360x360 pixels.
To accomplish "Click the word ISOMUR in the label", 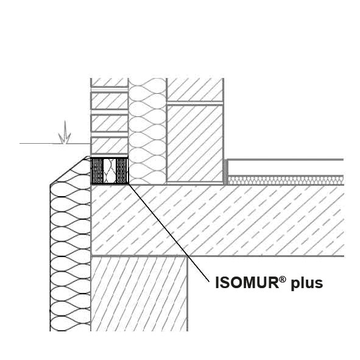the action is pos(247,283).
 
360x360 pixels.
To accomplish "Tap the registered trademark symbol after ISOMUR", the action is pos(283,279).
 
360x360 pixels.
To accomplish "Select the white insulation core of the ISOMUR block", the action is pos(110,171).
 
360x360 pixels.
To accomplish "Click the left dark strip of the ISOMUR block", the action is pos(97,171).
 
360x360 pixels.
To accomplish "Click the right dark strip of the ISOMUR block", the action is pos(122,171).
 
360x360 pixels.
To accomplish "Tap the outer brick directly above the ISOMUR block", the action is pos(109,146).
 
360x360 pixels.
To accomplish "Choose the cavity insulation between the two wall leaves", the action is pos(147,131).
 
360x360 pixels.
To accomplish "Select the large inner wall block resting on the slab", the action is pos(195,144).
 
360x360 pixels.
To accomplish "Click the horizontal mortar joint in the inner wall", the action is pos(195,103).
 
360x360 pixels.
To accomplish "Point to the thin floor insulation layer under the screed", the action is pos(286,180).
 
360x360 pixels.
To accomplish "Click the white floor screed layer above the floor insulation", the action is pos(286,168).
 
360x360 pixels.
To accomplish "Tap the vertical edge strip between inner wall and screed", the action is pos(226,172).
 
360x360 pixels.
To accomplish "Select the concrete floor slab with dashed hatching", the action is pos(217,220).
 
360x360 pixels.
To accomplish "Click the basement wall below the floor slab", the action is pos(139,294).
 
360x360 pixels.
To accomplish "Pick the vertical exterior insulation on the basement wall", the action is pos(70,256).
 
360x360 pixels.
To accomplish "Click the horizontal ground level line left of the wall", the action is pos(55,144).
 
